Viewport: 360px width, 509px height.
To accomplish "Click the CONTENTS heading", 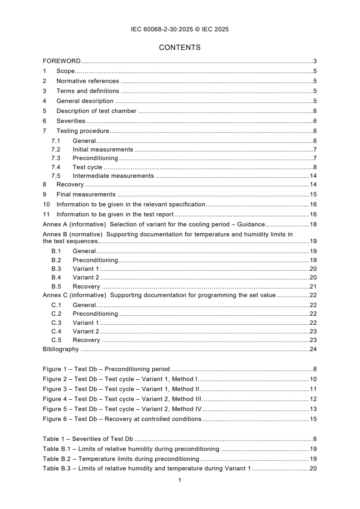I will pos(180,47).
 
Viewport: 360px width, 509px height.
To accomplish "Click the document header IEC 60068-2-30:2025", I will pos(180,29).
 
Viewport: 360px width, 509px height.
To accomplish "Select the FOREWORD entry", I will pos(62,61).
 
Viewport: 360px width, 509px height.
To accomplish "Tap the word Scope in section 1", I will pos(65,71).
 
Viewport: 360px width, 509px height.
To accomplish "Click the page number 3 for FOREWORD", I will pos(315,61).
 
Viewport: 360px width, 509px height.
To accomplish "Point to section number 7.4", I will pos(56,167).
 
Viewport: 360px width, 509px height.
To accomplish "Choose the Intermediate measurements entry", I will pos(113,176).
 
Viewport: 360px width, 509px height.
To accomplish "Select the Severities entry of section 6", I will pos(71,121).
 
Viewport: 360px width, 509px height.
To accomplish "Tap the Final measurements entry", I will pos(83,194).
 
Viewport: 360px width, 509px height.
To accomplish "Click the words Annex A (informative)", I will pos(74,225).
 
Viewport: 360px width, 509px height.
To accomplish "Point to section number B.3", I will pos(56,269).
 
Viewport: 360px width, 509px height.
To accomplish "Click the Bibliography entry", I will pos(61,349).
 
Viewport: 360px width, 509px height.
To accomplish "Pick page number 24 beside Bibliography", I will pos(313,349).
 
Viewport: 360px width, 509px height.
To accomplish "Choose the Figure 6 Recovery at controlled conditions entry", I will pos(122,419).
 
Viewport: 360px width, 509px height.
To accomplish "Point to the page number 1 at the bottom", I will pos(180,480).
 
